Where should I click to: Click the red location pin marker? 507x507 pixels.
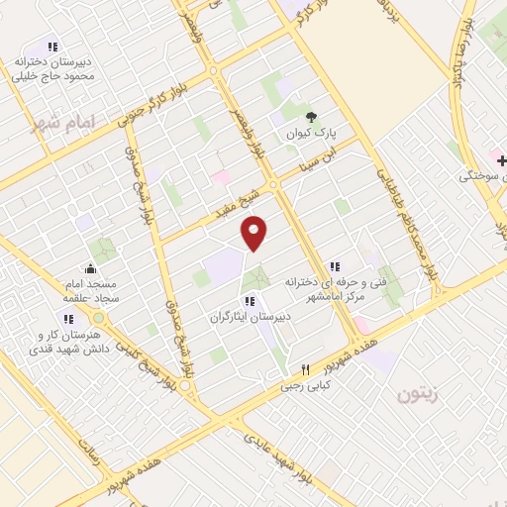pyautogui.click(x=254, y=232)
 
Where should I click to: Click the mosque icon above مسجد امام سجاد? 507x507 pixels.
pyautogui.click(x=91, y=267)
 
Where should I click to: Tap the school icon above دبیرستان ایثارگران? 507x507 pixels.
pyautogui.click(x=250, y=301)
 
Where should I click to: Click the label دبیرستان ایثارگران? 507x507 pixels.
pyautogui.click(x=249, y=318)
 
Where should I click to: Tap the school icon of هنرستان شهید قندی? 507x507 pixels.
pyautogui.click(x=69, y=319)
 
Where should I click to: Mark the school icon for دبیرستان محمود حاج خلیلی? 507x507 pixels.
pyautogui.click(x=52, y=46)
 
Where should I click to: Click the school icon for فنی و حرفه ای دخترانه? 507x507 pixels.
pyautogui.click(x=336, y=265)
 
